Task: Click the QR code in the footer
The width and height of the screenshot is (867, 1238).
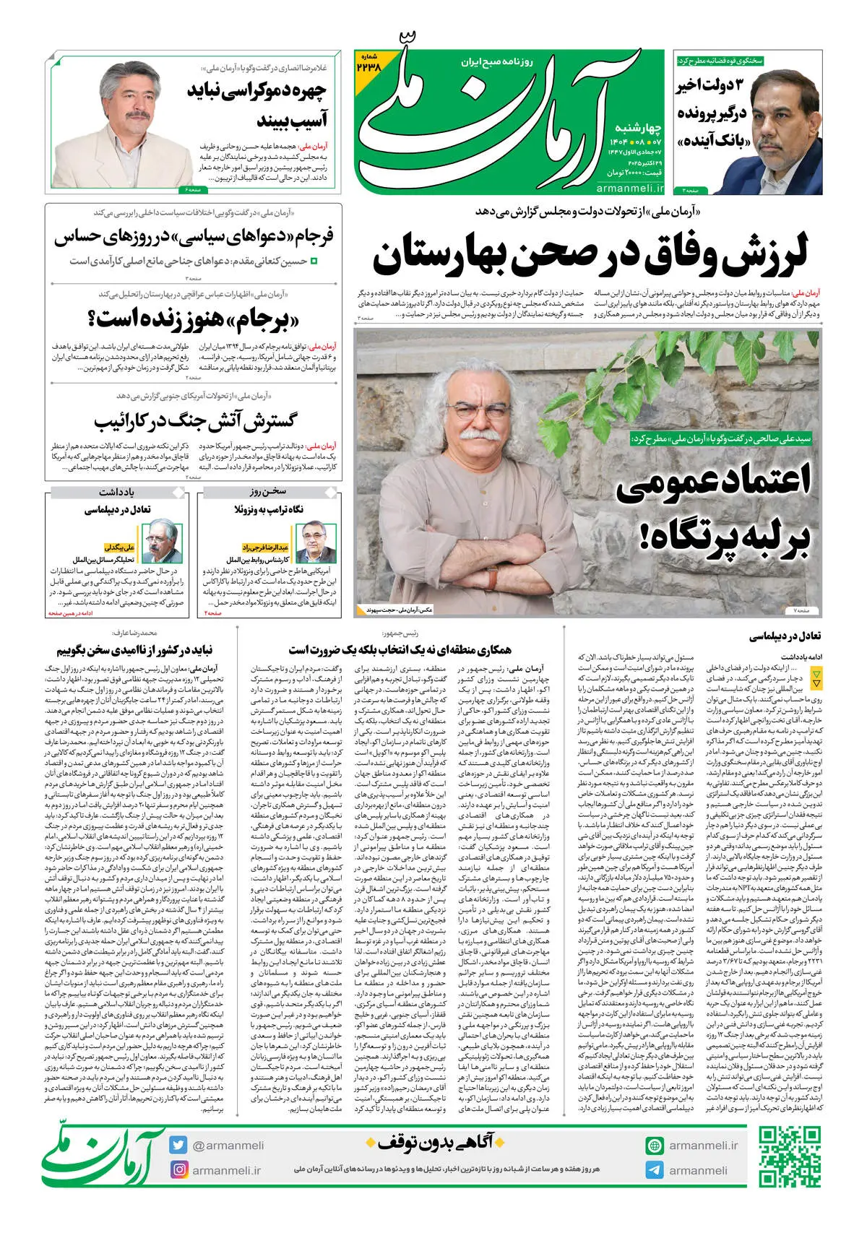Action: click(790, 1156)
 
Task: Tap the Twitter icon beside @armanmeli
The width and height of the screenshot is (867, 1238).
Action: click(178, 1145)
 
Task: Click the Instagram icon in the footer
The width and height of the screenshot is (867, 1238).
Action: click(178, 1169)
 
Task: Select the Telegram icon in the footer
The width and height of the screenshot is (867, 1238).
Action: click(655, 1170)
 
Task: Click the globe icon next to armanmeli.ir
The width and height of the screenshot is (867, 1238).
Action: click(655, 1146)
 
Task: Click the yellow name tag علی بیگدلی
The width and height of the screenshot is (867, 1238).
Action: click(120, 547)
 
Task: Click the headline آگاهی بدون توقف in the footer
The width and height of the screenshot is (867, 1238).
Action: click(433, 1143)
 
